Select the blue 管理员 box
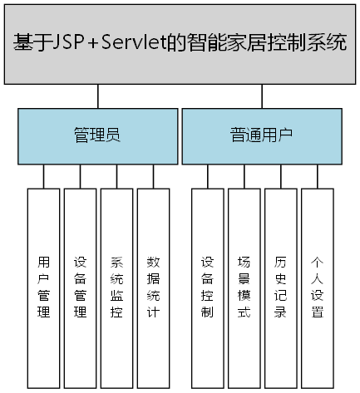click(98, 135)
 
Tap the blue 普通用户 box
click(261, 135)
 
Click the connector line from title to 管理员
click(98, 96)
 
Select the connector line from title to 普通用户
click(261, 96)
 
